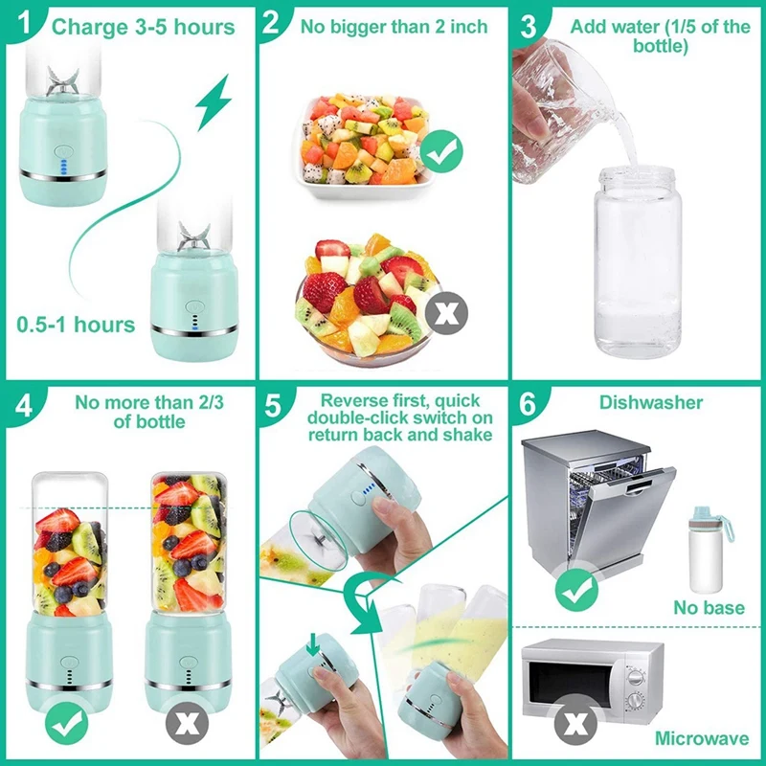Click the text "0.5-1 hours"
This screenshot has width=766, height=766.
point(76,325)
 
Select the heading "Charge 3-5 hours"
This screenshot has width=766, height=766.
point(143,26)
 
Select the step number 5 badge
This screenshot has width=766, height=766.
point(275,405)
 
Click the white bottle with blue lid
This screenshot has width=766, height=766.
point(710,550)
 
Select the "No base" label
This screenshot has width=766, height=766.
point(708,607)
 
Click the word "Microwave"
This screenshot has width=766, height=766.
point(702,738)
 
